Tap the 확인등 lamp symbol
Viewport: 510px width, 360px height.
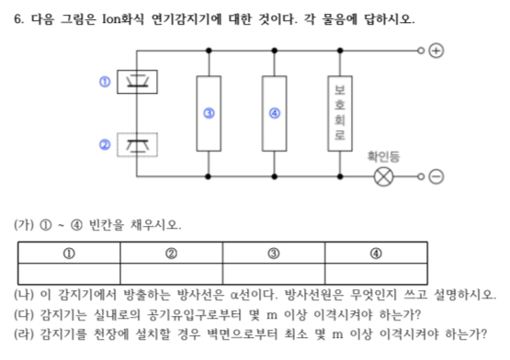[x=383, y=174]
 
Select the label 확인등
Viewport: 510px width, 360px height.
[x=383, y=156]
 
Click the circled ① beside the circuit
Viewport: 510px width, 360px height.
[x=105, y=82]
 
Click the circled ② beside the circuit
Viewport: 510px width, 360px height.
[x=105, y=144]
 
